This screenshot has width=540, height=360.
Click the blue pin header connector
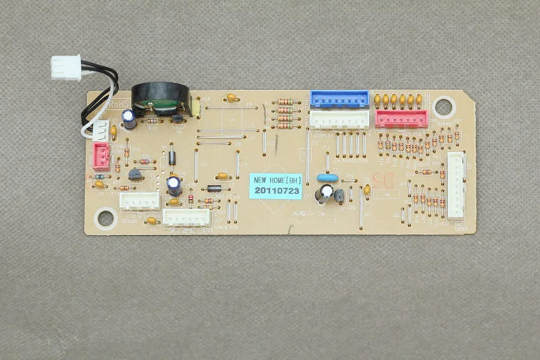(340, 99)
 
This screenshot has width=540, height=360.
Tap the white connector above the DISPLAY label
(340, 120)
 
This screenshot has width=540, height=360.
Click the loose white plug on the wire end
(65, 67)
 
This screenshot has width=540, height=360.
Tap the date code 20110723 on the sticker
(275, 192)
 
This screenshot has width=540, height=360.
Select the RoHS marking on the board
(119, 106)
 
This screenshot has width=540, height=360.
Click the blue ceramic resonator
(328, 178)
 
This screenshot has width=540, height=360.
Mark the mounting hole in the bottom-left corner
(106, 217)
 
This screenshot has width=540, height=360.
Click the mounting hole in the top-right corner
(443, 106)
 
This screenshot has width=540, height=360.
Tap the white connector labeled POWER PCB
(187, 217)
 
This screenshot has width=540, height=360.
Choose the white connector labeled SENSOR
(139, 201)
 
